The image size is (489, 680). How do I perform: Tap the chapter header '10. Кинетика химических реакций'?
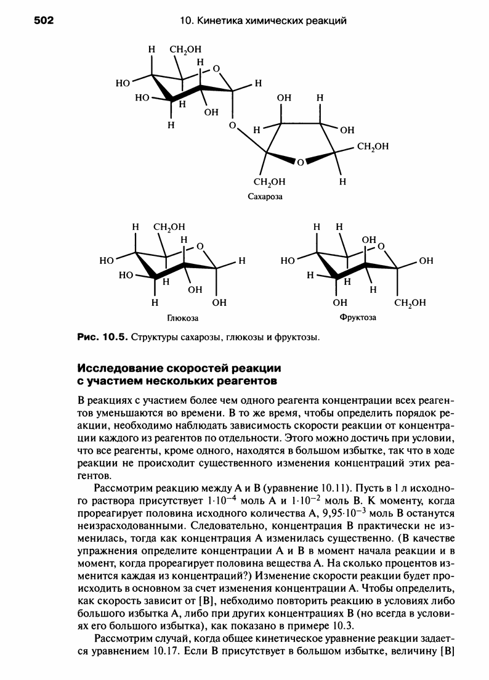point(263,22)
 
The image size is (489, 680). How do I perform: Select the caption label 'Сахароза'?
point(263,197)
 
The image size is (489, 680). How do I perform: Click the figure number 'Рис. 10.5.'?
point(102,338)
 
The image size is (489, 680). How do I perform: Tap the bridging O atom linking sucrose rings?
point(232,125)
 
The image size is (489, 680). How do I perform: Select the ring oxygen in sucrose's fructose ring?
point(299,163)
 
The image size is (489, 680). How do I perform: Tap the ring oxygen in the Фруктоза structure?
point(381,247)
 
